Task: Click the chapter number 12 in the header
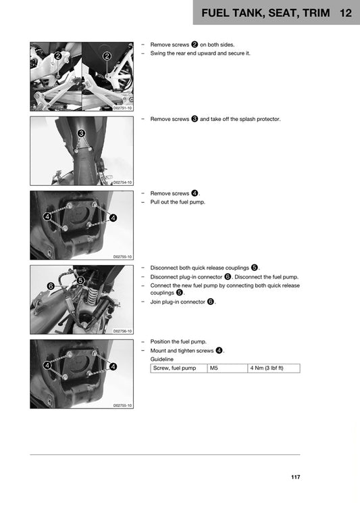point(346,13)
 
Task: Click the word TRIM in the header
point(311,13)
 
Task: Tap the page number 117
point(295,478)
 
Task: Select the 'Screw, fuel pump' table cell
point(175,368)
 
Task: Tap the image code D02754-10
point(122,183)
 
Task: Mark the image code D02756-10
point(122,331)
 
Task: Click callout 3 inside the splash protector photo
point(81,133)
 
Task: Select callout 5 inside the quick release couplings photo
point(80,280)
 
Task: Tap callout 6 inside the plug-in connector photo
point(51,286)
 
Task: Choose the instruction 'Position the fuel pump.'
point(178,341)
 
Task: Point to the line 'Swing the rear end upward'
point(200,53)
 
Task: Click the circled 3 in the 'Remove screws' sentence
point(195,119)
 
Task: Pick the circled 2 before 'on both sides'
point(195,45)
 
